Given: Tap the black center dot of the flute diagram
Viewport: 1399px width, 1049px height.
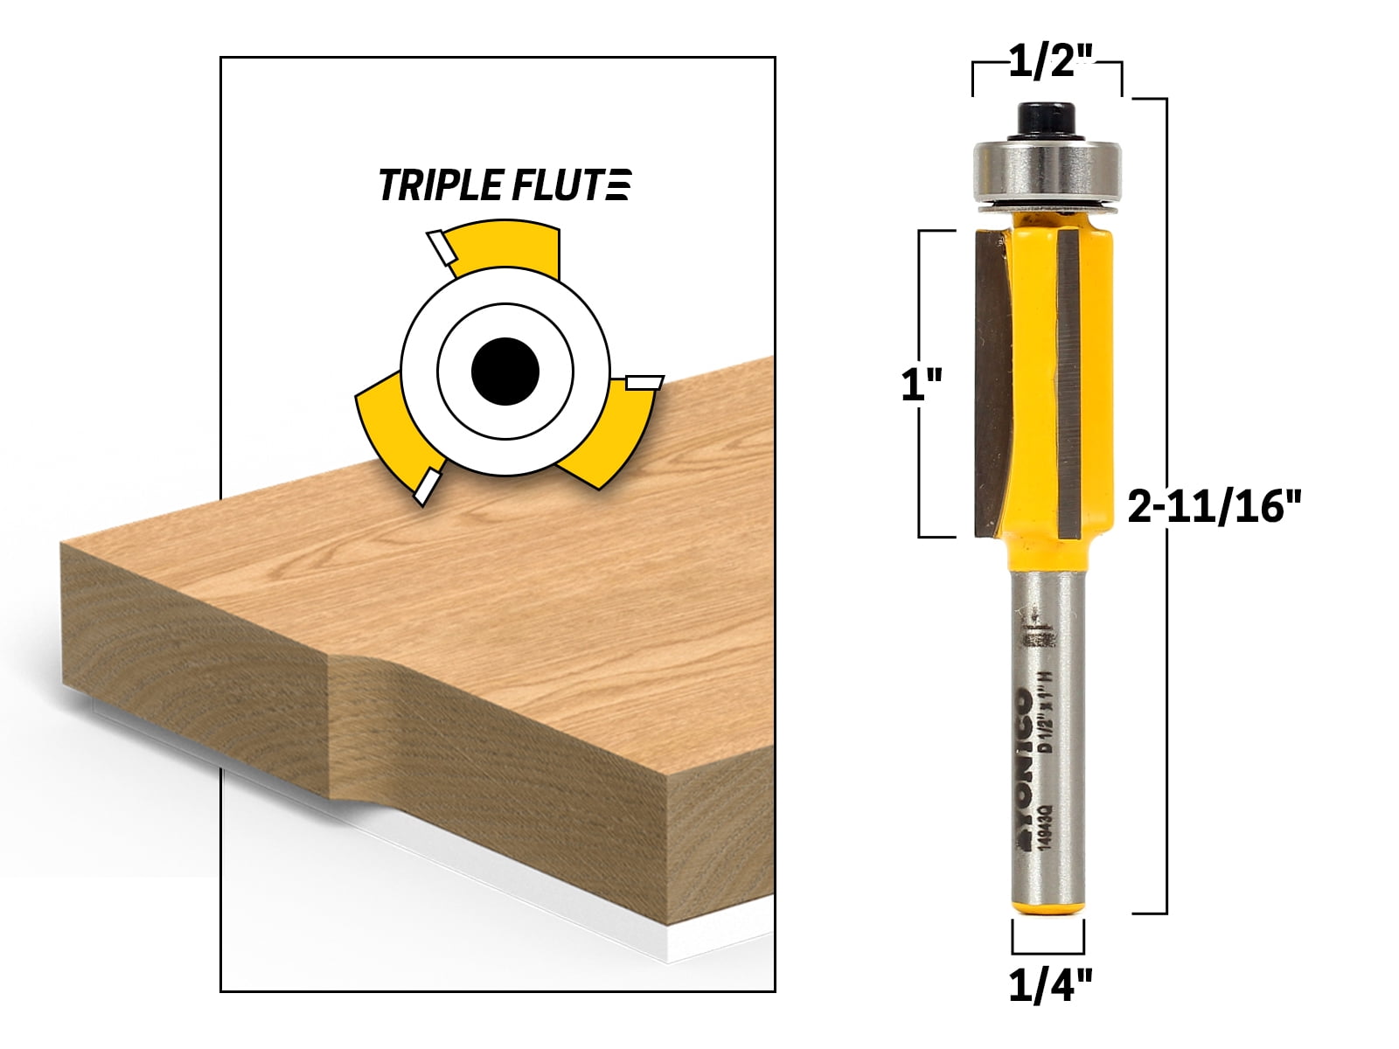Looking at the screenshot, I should [x=505, y=372].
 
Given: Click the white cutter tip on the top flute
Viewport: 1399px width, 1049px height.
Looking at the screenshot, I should [x=439, y=247].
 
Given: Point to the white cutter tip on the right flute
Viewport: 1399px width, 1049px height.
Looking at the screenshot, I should [x=644, y=382].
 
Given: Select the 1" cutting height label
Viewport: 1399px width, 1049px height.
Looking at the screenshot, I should [x=922, y=385].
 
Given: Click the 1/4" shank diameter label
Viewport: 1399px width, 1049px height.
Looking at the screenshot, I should [x=1050, y=988].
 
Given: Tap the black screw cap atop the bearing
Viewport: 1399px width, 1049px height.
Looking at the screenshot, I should [x=1046, y=117].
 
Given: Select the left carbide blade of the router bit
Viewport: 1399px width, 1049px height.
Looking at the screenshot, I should [x=993, y=385].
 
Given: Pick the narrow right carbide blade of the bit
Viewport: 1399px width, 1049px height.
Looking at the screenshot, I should [x=1070, y=385].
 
